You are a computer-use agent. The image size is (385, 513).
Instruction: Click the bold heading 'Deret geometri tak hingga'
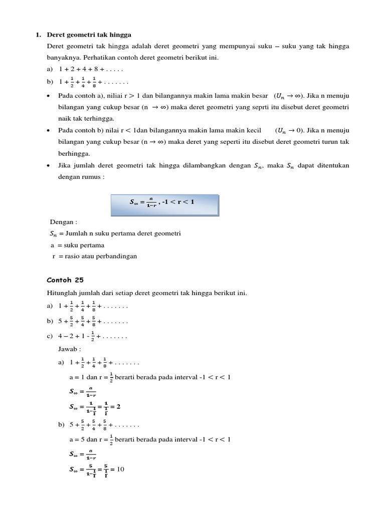point(89,35)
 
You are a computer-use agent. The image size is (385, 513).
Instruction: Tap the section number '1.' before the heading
point(38,35)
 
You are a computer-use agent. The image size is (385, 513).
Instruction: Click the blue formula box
point(165,202)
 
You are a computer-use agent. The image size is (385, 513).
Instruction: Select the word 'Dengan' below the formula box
point(63,221)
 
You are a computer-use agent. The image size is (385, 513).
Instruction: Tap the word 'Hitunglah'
point(61,293)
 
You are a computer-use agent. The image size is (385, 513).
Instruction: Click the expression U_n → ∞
point(290,96)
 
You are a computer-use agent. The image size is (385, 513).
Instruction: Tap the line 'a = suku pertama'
point(78,245)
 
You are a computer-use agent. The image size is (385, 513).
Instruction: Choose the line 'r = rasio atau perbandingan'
point(94,256)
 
